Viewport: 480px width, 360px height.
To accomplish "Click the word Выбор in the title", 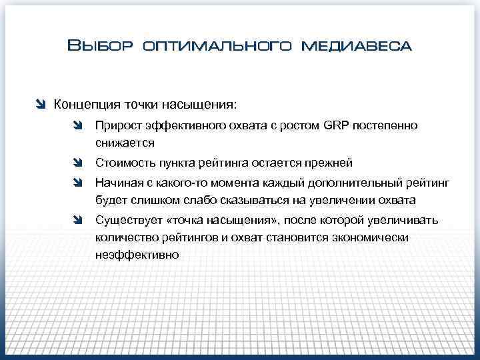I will pyautogui.click(x=101, y=46).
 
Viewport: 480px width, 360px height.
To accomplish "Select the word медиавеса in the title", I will pyautogui.click(x=357, y=46).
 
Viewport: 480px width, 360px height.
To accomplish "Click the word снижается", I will pyautogui.click(x=125, y=143).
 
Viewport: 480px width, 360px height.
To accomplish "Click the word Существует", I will pyautogui.click(x=129, y=220).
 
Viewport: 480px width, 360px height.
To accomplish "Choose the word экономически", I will pyautogui.click(x=376, y=237).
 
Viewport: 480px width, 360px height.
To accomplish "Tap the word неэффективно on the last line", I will pyautogui.click(x=137, y=254).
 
